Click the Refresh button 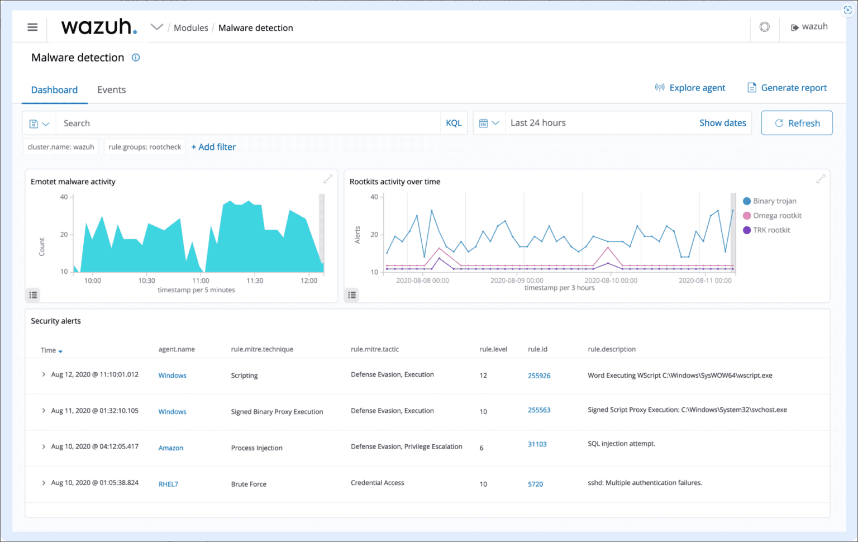[797, 123]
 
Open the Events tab [111, 90]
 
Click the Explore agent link [690, 88]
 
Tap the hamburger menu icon [32, 27]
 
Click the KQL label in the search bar [454, 123]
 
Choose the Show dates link [722, 123]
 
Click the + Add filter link [213, 147]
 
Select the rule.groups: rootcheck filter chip [145, 147]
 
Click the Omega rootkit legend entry [776, 216]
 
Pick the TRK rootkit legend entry [771, 230]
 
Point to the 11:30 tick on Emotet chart [255, 280]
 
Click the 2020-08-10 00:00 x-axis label [611, 280]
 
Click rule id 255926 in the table [539, 375]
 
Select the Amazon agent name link [171, 448]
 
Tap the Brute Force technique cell [249, 484]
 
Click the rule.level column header [493, 349]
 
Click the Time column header [49, 350]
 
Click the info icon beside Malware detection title [136, 58]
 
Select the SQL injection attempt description [621, 444]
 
